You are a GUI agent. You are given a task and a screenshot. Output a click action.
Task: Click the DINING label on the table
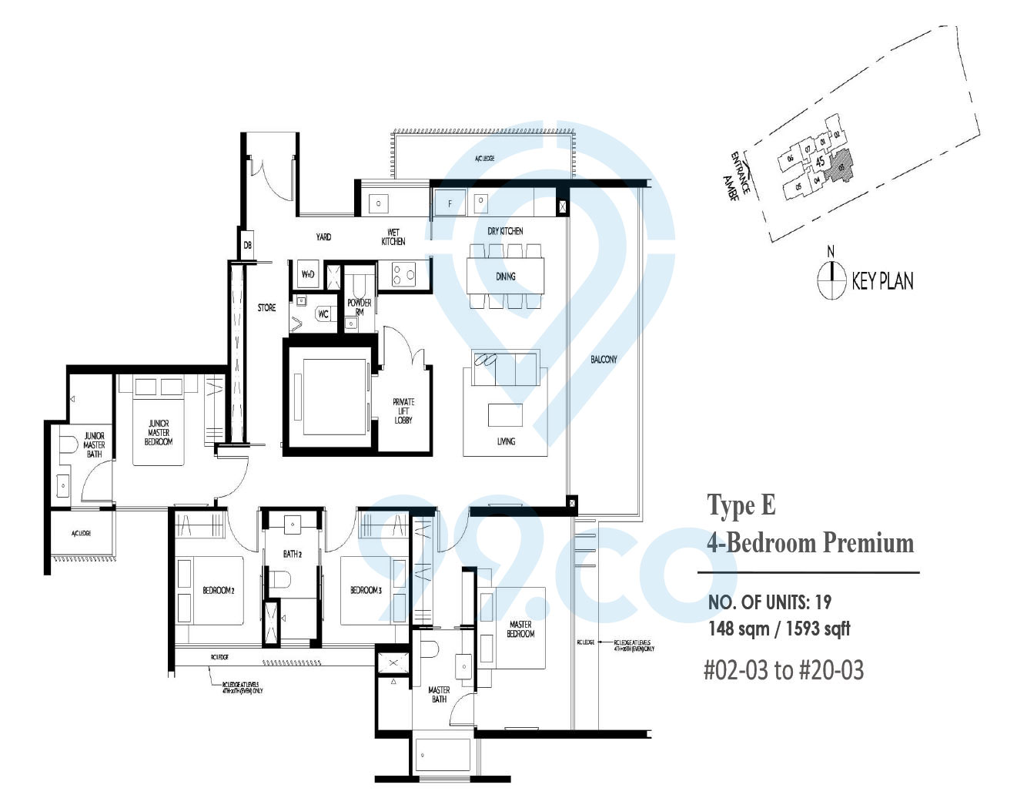[506, 277]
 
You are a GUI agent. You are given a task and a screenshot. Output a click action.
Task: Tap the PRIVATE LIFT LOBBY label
[403, 411]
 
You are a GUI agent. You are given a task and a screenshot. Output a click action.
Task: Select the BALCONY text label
[604, 359]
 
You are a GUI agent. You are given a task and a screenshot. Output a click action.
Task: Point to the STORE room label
[266, 308]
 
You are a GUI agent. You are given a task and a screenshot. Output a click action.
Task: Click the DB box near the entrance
[247, 245]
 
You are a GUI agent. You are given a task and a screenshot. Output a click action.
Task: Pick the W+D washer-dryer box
[307, 274]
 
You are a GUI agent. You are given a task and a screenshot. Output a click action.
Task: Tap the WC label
[323, 314]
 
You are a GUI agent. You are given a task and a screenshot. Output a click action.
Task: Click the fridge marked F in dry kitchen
[450, 203]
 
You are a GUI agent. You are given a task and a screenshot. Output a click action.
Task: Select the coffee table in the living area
[505, 415]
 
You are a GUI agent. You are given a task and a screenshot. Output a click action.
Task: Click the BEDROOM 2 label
[218, 591]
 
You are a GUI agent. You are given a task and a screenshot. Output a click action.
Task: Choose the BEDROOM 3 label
[366, 591]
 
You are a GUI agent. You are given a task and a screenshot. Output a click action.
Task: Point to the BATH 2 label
[292, 554]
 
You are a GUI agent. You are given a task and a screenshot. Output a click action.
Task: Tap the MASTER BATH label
[439, 695]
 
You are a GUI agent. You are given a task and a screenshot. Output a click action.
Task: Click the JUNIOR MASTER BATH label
[94, 445]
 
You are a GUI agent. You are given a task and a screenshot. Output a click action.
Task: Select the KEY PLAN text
[882, 281]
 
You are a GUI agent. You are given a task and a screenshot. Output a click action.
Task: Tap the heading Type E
[741, 505]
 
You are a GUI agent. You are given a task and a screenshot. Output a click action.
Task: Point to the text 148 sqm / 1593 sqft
[779, 629]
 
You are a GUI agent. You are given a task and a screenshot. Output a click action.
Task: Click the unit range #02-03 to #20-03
[784, 670]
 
